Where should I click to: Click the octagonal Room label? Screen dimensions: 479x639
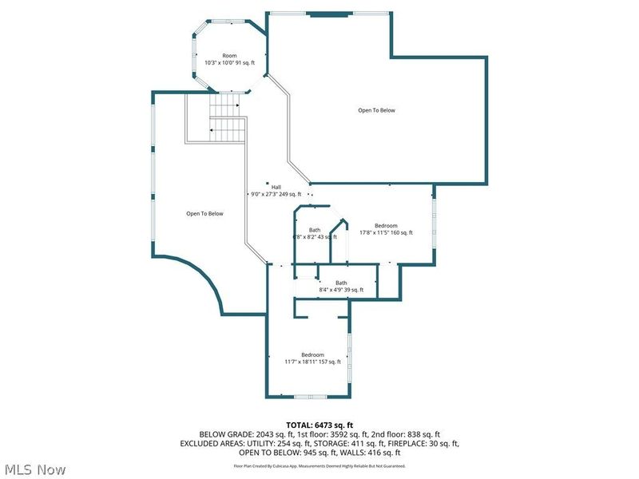click(x=229, y=59)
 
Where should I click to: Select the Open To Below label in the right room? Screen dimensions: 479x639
click(x=376, y=110)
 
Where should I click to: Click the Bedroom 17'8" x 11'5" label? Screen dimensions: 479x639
click(x=386, y=229)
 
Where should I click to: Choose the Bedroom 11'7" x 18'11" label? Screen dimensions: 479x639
click(x=312, y=358)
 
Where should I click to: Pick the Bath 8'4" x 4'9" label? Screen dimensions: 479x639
click(x=341, y=286)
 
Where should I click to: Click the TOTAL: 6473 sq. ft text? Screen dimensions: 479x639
click(x=319, y=424)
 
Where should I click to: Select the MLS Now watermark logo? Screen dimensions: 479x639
click(x=35, y=469)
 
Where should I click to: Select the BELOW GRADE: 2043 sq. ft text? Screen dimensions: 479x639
click(x=231, y=433)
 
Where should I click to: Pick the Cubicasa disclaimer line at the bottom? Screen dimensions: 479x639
click(x=319, y=465)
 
